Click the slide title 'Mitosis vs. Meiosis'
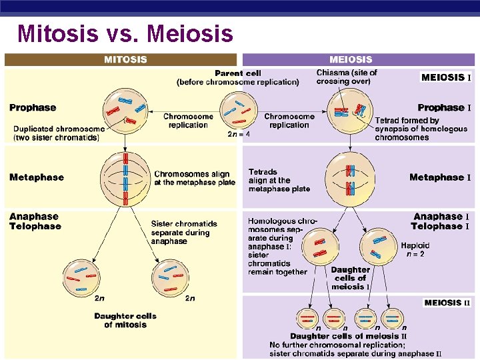pos(125,33)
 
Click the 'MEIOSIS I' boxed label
pos(446,77)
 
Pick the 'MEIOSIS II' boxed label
pos(447,303)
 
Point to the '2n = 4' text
pos(239,134)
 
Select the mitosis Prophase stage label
pos(33,107)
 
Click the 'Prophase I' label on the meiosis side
pos(444,107)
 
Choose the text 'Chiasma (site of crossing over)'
pos(347,77)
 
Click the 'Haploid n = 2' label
pos(415,250)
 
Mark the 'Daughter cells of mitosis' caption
pos(125,320)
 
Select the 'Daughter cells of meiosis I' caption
pos(350,279)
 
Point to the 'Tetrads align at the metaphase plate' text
pos(279,180)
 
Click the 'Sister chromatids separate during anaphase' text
pos(180,233)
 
